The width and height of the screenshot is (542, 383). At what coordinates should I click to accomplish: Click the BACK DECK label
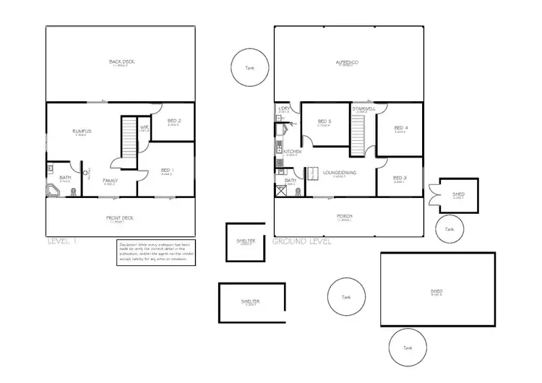click(122, 62)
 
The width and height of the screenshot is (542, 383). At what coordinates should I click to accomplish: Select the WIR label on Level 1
click(144, 127)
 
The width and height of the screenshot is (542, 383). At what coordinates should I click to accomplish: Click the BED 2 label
click(174, 121)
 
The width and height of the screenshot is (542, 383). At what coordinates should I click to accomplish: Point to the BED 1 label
click(165, 171)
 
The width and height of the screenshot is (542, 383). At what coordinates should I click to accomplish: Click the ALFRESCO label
click(348, 62)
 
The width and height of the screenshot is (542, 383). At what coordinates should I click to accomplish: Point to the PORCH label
click(345, 217)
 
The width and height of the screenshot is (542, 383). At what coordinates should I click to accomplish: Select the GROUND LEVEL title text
click(301, 241)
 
